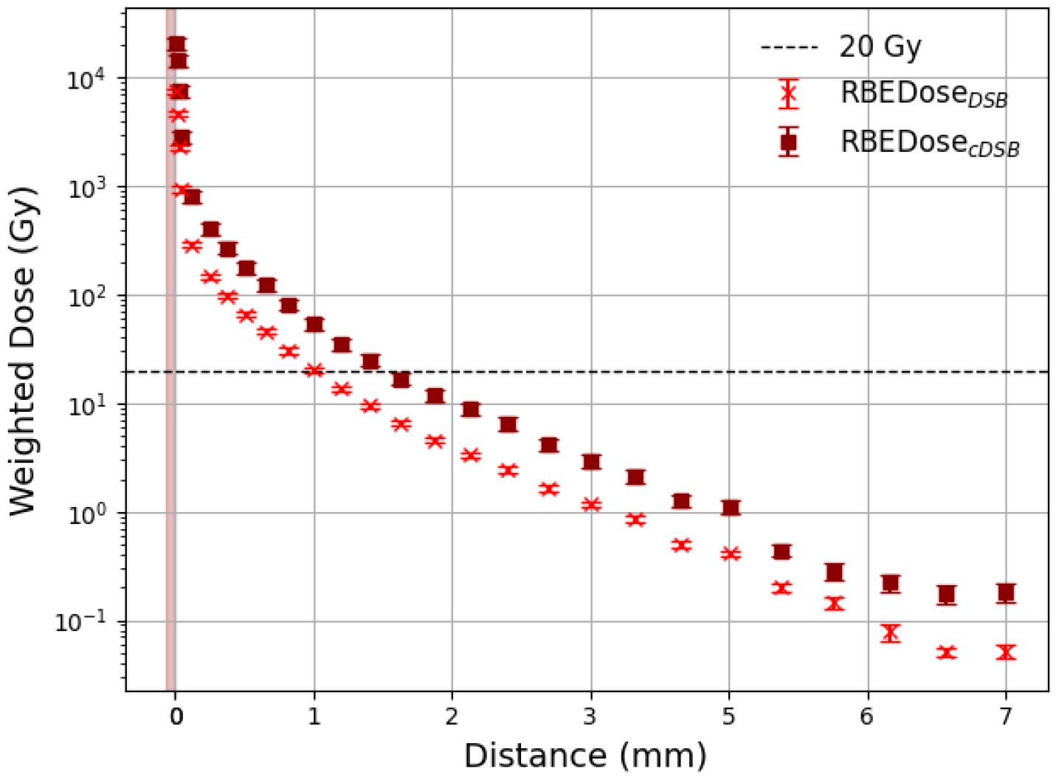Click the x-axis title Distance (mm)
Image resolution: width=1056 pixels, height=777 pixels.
(585, 756)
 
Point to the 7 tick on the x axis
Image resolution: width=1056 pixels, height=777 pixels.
(1005, 716)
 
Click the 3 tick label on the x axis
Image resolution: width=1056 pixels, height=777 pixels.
(590, 716)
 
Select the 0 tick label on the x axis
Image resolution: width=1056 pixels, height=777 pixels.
(175, 716)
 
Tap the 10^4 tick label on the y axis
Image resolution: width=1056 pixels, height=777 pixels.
(86, 79)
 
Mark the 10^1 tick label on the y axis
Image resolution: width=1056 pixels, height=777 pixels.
(86, 405)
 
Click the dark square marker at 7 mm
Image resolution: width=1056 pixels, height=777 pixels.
(1005, 593)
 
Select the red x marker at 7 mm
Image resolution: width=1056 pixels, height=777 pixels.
(1005, 652)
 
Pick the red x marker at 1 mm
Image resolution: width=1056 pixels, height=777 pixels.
(314, 370)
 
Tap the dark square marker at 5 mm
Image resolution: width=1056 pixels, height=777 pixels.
(730, 508)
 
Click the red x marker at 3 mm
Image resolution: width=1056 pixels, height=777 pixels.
(590, 505)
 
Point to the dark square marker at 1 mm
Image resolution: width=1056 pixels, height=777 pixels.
(314, 324)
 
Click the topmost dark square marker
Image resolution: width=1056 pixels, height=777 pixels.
(176, 44)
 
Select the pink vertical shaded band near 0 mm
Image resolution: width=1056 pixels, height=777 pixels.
(170, 369)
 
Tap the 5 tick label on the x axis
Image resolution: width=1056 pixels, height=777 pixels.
(729, 716)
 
